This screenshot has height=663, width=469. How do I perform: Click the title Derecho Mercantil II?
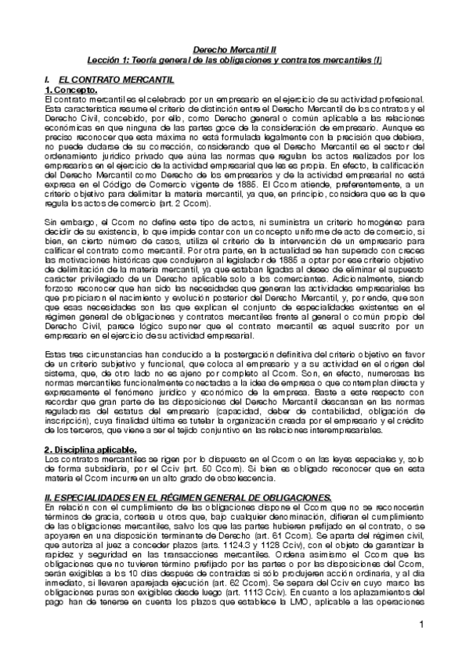pyautogui.click(x=234, y=48)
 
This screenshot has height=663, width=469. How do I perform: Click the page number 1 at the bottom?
pyautogui.click(x=420, y=624)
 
